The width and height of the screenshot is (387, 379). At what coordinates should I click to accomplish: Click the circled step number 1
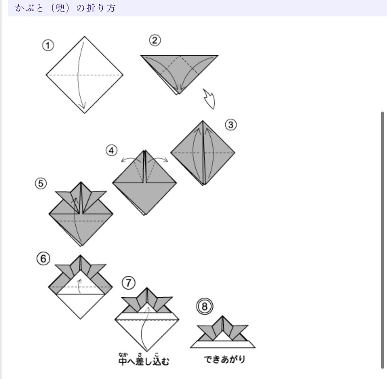(x=48, y=46)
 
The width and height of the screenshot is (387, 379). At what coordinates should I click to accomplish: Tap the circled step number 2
(x=154, y=40)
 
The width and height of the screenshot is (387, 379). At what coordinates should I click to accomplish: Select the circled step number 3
(x=231, y=125)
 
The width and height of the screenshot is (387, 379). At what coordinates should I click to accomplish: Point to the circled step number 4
(x=111, y=151)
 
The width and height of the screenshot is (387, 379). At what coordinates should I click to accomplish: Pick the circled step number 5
(x=41, y=184)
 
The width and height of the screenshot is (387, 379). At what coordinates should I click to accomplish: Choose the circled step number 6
(x=43, y=259)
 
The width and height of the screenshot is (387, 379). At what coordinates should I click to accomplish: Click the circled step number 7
(x=129, y=283)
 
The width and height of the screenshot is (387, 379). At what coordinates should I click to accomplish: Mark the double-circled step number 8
(x=205, y=307)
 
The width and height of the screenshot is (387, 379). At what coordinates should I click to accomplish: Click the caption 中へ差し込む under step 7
(x=143, y=360)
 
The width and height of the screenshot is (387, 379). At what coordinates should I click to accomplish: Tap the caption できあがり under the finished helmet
(x=225, y=359)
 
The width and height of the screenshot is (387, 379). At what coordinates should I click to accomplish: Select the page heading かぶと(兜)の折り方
(x=66, y=8)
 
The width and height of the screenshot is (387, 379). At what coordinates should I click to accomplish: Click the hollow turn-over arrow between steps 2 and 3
(x=209, y=99)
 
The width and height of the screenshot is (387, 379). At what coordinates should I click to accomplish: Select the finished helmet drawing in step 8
(x=223, y=333)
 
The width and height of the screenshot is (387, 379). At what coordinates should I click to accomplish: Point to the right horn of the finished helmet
(x=239, y=330)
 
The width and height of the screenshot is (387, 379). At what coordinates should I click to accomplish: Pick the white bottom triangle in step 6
(x=80, y=305)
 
